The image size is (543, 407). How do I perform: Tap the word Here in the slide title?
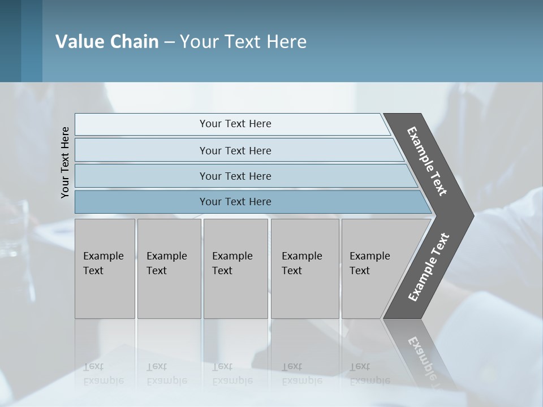point(286,42)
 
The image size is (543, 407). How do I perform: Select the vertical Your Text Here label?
point(65,162)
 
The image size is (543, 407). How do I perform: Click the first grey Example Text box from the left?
point(105,269)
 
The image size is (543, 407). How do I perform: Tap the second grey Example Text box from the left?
point(169,269)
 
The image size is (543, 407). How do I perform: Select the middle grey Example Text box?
point(235,269)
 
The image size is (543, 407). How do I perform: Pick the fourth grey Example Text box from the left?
point(304,269)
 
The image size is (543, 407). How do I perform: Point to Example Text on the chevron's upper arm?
point(427,161)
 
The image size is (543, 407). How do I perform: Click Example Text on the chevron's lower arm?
point(428,267)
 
